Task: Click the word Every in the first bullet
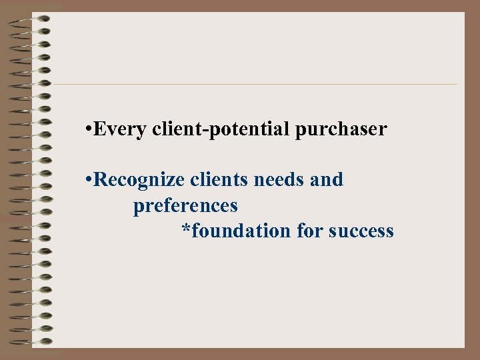121,129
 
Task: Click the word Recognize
140,180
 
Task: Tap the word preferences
185,205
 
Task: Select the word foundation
241,231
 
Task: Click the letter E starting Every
100,129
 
